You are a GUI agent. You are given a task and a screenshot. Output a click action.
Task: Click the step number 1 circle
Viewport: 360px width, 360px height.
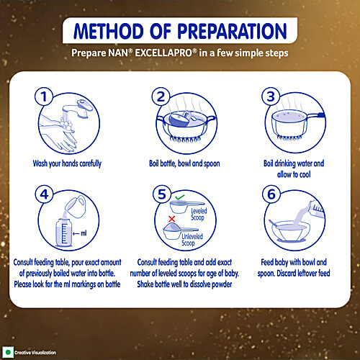44,96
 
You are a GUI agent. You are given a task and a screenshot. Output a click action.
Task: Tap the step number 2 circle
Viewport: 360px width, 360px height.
161,96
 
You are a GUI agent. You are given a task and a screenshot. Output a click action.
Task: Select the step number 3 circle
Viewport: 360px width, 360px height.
271,96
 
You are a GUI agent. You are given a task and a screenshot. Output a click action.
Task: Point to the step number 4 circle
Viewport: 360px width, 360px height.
44,194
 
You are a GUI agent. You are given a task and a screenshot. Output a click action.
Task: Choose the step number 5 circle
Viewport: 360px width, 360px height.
162,194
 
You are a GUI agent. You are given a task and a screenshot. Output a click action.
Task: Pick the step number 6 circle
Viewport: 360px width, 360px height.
271,194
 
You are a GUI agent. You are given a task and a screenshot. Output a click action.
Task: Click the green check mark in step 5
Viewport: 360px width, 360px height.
179,197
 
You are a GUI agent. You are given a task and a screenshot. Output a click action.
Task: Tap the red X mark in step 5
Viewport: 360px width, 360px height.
171,219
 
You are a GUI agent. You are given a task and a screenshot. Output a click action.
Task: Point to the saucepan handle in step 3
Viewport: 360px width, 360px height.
316,115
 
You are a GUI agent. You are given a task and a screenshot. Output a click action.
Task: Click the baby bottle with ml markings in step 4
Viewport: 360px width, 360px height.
63,233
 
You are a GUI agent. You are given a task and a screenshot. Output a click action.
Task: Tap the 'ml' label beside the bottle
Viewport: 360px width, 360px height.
84,233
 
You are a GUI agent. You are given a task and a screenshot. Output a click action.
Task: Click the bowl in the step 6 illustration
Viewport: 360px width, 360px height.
291,232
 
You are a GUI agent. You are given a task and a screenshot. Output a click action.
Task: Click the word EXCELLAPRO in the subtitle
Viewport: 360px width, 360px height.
163,53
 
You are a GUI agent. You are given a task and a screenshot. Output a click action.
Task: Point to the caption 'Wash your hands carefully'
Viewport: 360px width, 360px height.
67,163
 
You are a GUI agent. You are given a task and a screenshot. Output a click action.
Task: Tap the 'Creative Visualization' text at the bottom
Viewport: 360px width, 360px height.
35,353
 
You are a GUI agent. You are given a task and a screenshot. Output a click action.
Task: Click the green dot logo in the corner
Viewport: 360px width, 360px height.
8,352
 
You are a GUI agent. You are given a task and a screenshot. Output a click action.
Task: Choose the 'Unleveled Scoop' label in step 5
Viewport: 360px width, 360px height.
192,240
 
